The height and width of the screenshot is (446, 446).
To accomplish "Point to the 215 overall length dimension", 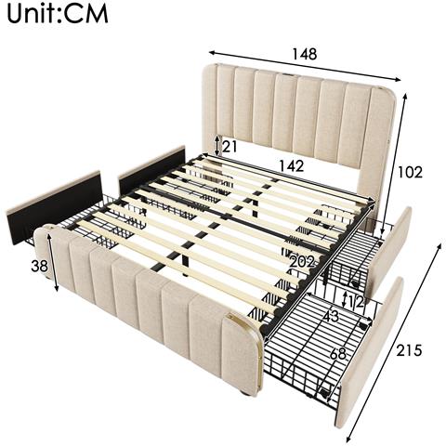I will (409, 350).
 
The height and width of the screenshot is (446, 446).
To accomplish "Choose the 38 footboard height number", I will (39, 265).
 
